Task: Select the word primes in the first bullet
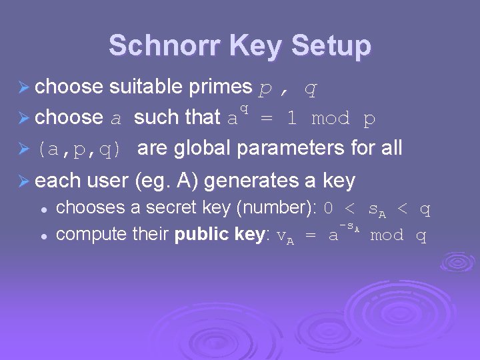point(221,87)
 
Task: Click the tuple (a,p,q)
point(80,149)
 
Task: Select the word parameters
point(290,148)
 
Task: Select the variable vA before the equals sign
point(285,236)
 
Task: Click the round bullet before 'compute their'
point(43,235)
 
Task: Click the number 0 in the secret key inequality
point(328,209)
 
